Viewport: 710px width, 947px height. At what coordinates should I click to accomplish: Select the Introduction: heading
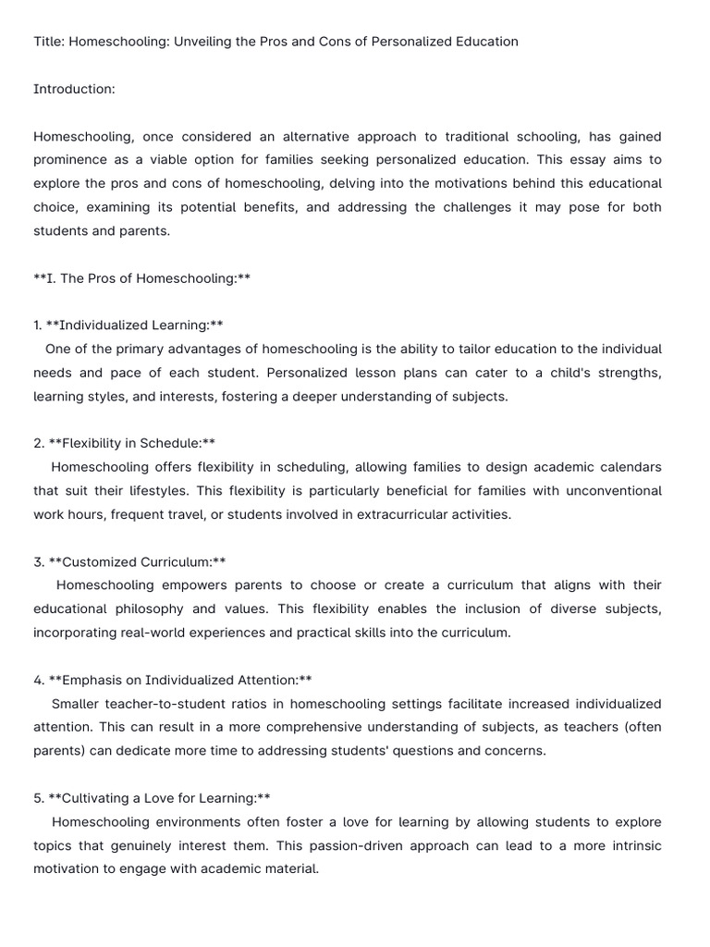pos(74,90)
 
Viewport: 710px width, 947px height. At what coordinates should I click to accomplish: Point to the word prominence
pos(70,160)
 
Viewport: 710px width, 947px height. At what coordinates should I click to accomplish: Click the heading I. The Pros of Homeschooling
pos(142,278)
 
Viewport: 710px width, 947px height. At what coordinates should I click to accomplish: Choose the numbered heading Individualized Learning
pos(134,326)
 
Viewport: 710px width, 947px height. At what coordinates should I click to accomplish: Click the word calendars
pos(631,467)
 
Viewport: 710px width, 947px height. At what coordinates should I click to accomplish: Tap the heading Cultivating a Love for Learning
pos(158,798)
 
